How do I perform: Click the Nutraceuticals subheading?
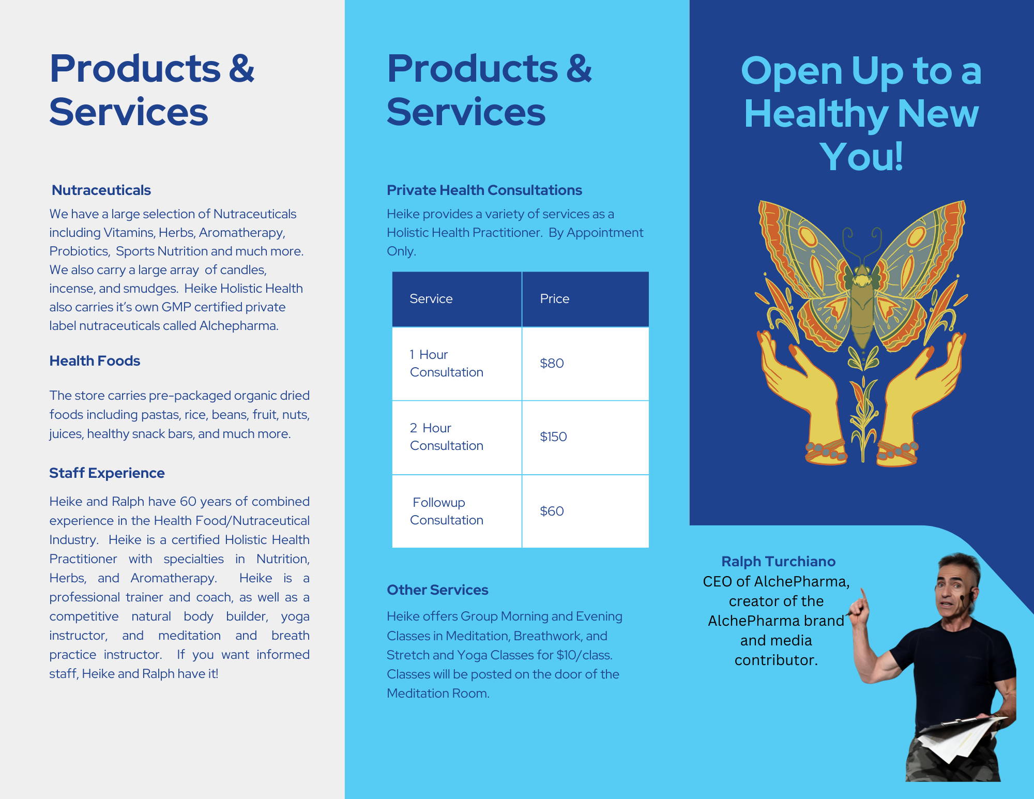[101, 190]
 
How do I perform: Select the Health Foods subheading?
[95, 361]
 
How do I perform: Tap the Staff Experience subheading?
[107, 473]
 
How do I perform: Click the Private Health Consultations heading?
[484, 190]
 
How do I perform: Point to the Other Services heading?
[437, 590]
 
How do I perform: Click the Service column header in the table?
[431, 299]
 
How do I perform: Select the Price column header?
[555, 299]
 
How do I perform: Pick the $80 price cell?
[552, 363]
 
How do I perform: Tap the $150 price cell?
[553, 436]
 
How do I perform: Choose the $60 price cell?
[552, 511]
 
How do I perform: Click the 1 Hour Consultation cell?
[447, 364]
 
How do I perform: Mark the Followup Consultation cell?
[447, 511]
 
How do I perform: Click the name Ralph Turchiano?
[779, 562]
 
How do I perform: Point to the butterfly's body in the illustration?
[861, 305]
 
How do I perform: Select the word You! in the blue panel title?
[862, 156]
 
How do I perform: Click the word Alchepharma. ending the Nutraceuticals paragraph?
[239, 326]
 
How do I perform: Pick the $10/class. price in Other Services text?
[585, 655]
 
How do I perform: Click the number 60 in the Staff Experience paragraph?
[188, 502]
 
